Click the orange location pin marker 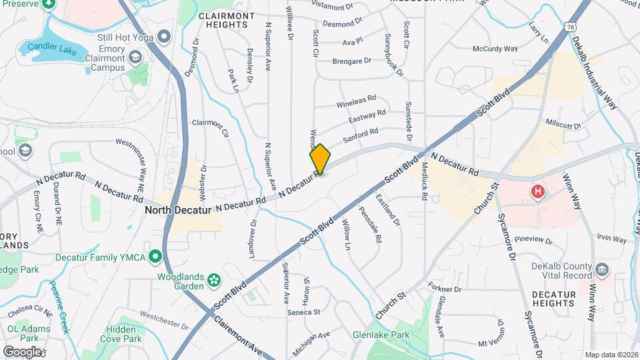click(x=320, y=159)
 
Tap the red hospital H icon click(x=538, y=193)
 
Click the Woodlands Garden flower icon click(x=213, y=280)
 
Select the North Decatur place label click(x=178, y=209)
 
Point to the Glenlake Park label click(x=381, y=335)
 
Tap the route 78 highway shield click(x=569, y=27)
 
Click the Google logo click(x=21, y=351)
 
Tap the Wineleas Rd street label click(x=356, y=102)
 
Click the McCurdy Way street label click(x=495, y=49)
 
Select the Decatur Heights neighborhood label click(x=553, y=298)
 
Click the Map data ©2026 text click(x=611, y=355)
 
